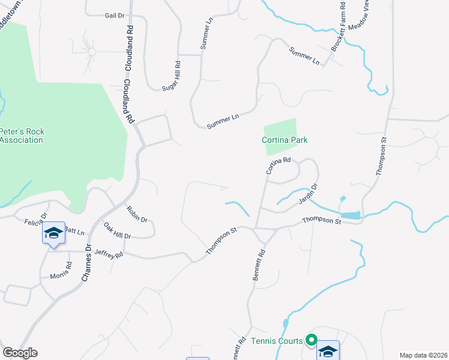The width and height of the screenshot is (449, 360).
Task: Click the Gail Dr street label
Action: (x=113, y=16)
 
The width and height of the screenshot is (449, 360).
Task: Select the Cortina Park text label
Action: (x=285, y=140)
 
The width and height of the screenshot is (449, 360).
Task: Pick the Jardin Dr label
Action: (x=309, y=193)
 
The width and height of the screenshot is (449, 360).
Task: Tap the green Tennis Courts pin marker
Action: (x=311, y=341)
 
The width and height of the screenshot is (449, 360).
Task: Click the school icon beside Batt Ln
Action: (x=53, y=233)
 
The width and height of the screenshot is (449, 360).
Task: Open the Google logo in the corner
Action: (x=20, y=353)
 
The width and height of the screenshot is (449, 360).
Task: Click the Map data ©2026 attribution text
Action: (x=422, y=355)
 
